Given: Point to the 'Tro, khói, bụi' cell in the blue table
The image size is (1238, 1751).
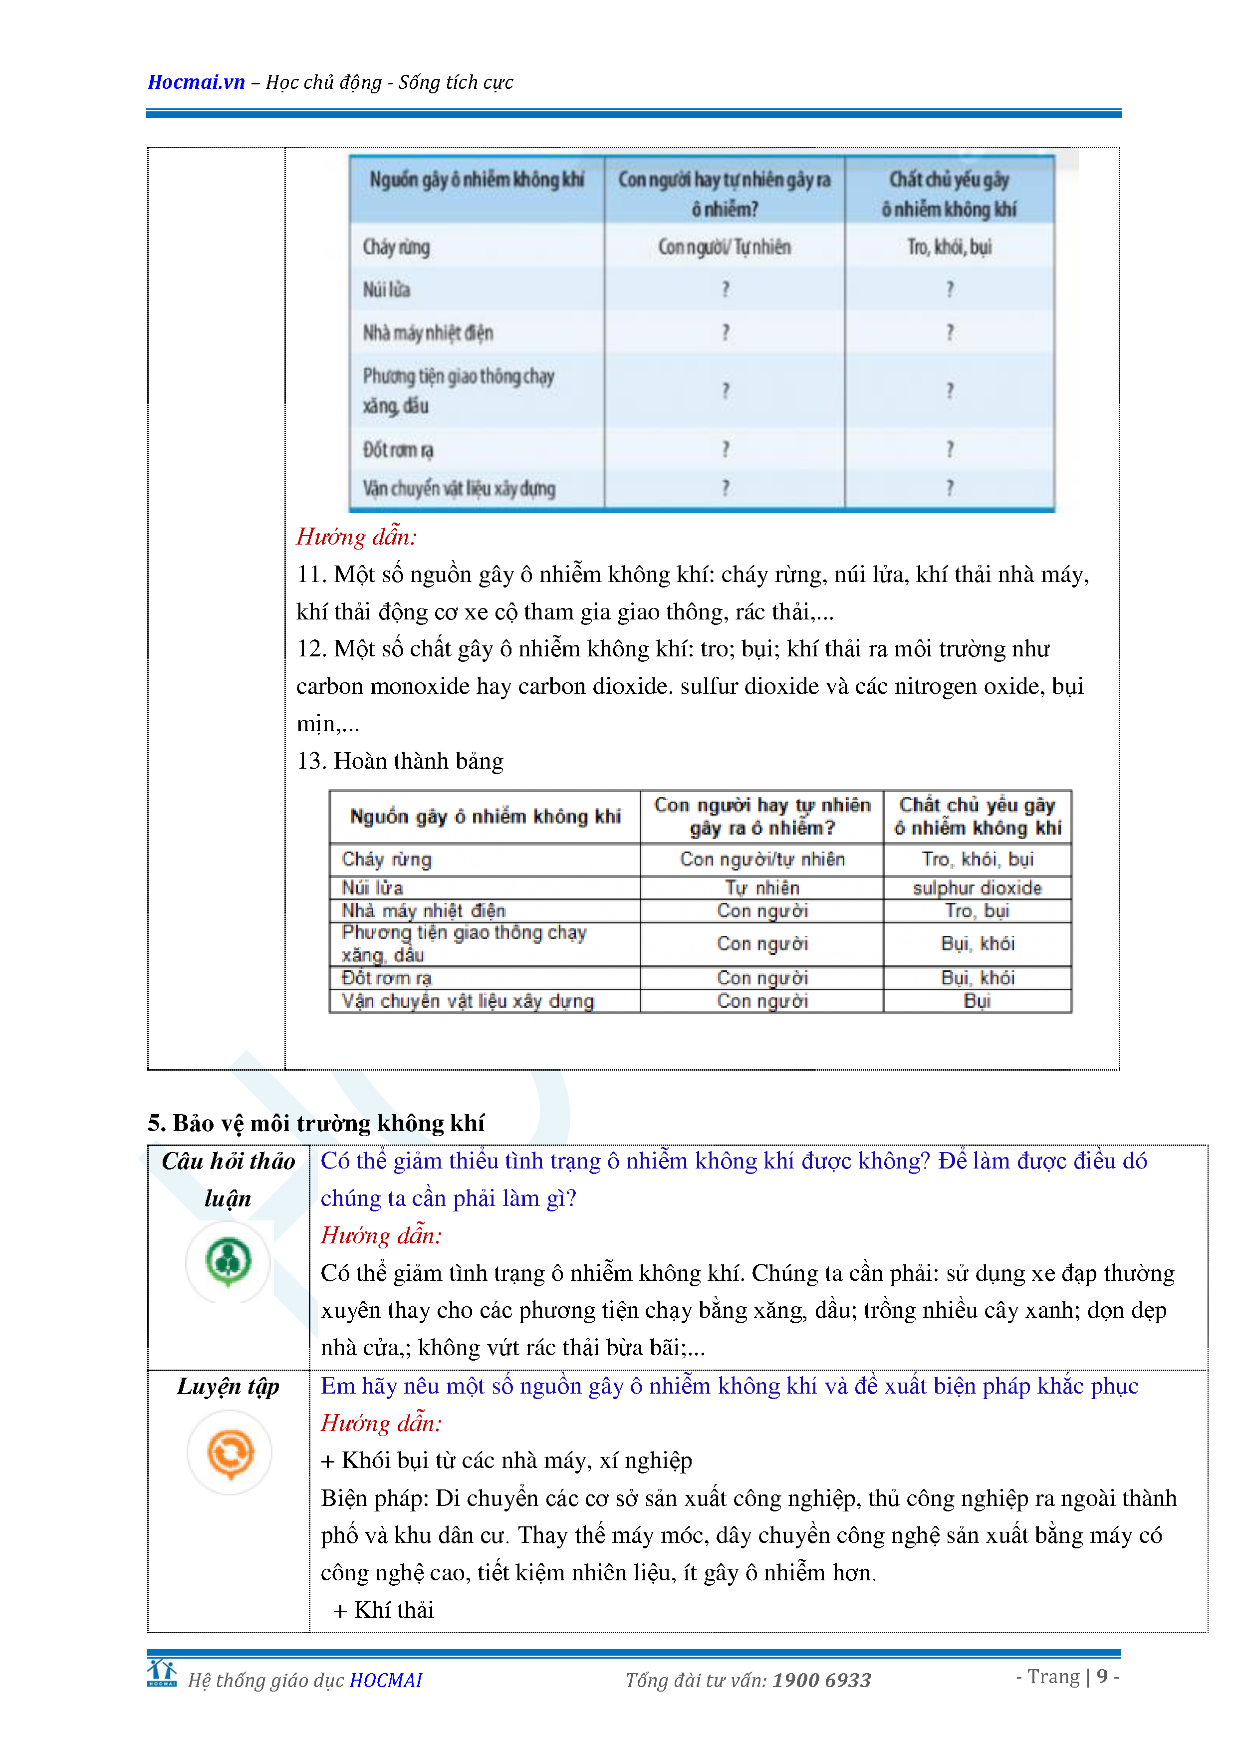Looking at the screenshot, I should pos(949,247).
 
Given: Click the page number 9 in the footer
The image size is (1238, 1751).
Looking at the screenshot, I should pos(1102,1676).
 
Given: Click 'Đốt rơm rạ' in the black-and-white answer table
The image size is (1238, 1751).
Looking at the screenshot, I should pos(387,978).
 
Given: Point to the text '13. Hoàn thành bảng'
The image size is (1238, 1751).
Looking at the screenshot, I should pos(400,761).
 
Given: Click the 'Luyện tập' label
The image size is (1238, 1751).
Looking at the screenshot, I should pos(228,1386).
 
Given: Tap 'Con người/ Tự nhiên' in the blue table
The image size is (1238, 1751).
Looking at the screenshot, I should pos(724,247).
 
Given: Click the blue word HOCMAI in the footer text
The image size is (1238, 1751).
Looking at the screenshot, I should pos(386,1680).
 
